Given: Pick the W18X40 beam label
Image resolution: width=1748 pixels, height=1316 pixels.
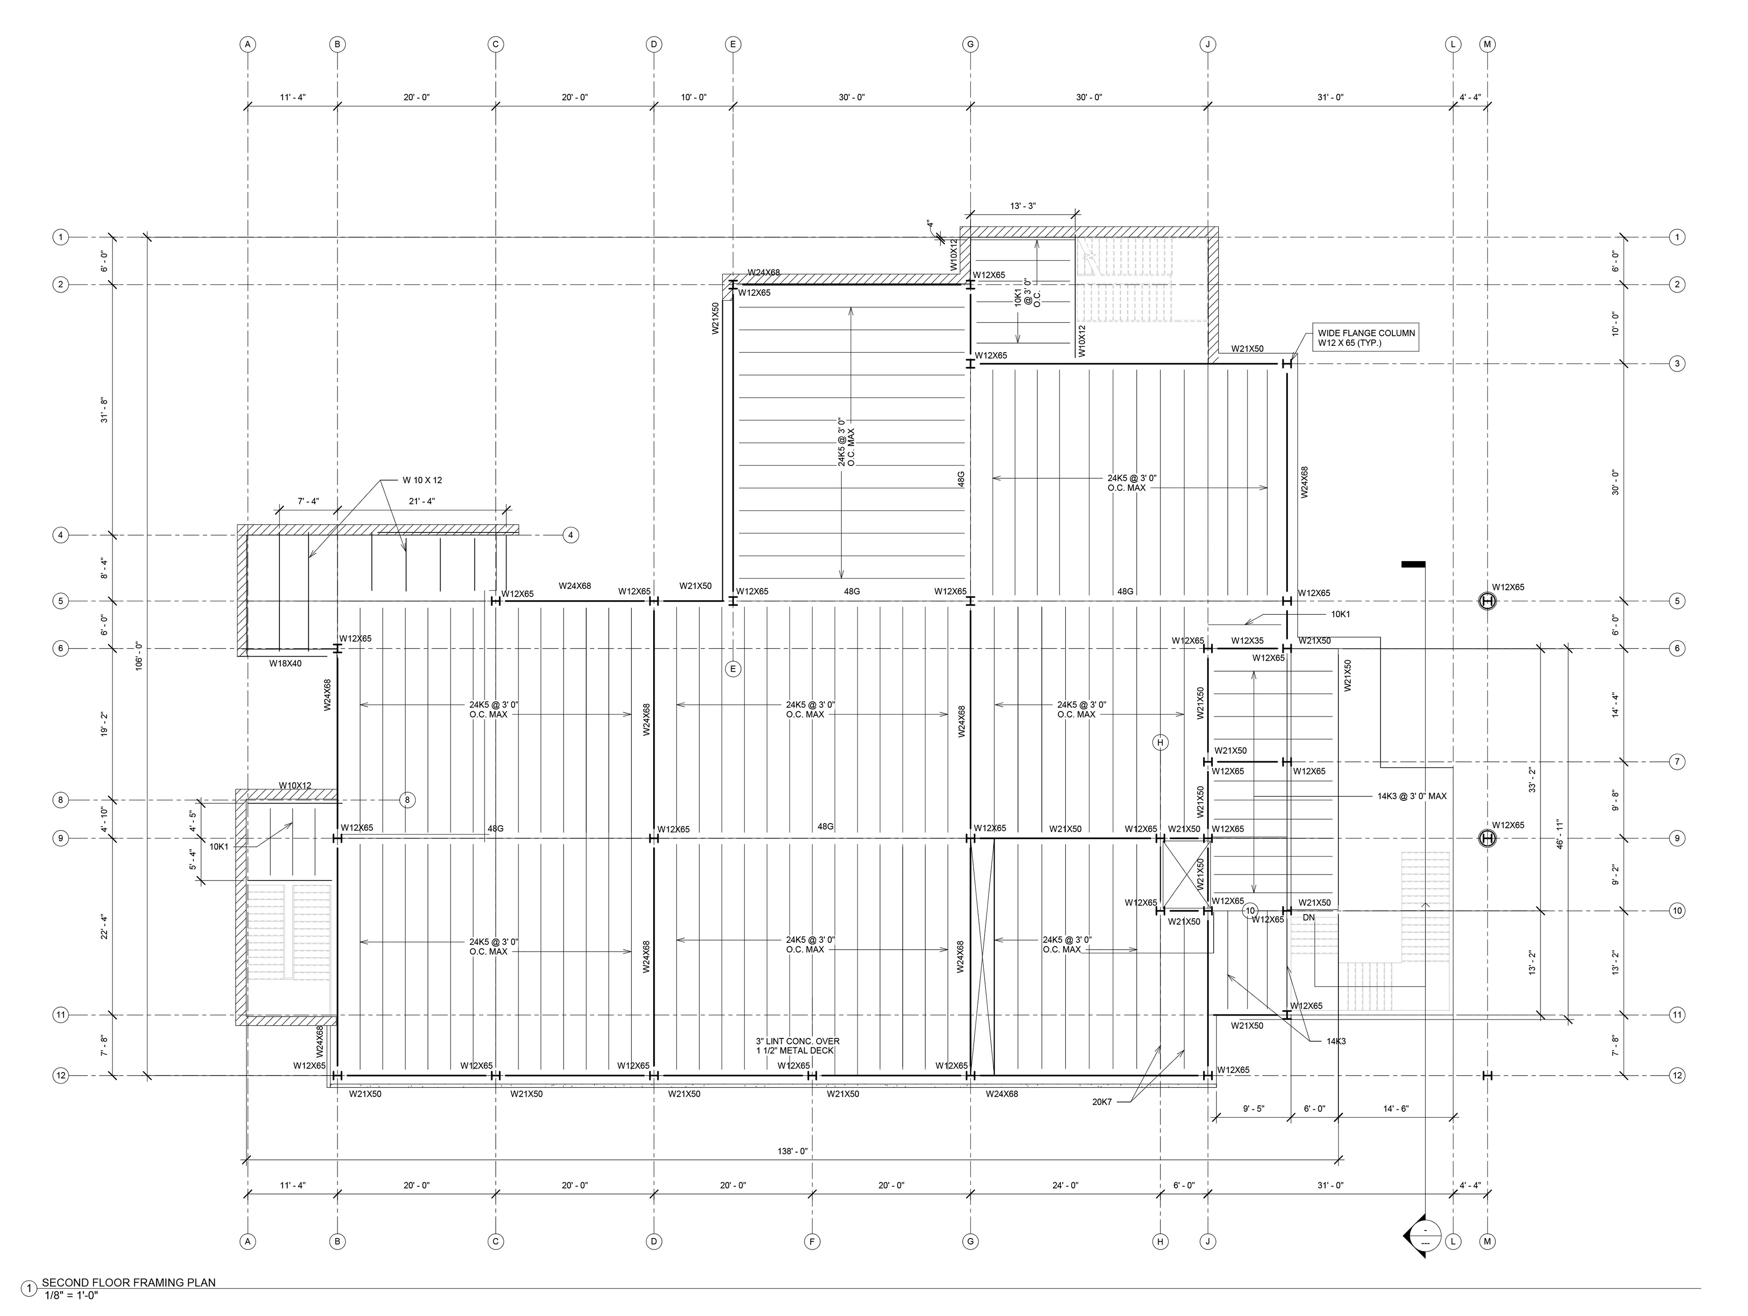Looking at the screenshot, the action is [x=285, y=663].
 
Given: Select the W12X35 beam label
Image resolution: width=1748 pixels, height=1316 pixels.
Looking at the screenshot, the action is [x=1247, y=641].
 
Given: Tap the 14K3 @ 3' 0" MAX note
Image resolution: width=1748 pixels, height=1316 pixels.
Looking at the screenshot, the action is [x=1411, y=796].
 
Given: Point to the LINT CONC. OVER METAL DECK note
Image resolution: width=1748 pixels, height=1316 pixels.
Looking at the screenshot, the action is [x=798, y=1046].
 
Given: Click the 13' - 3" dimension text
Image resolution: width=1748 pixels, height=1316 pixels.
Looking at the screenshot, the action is [x=1022, y=206].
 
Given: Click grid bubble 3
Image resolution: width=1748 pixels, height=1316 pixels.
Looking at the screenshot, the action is [x=1677, y=364].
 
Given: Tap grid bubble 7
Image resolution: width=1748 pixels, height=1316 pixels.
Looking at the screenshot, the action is [x=1677, y=762].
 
